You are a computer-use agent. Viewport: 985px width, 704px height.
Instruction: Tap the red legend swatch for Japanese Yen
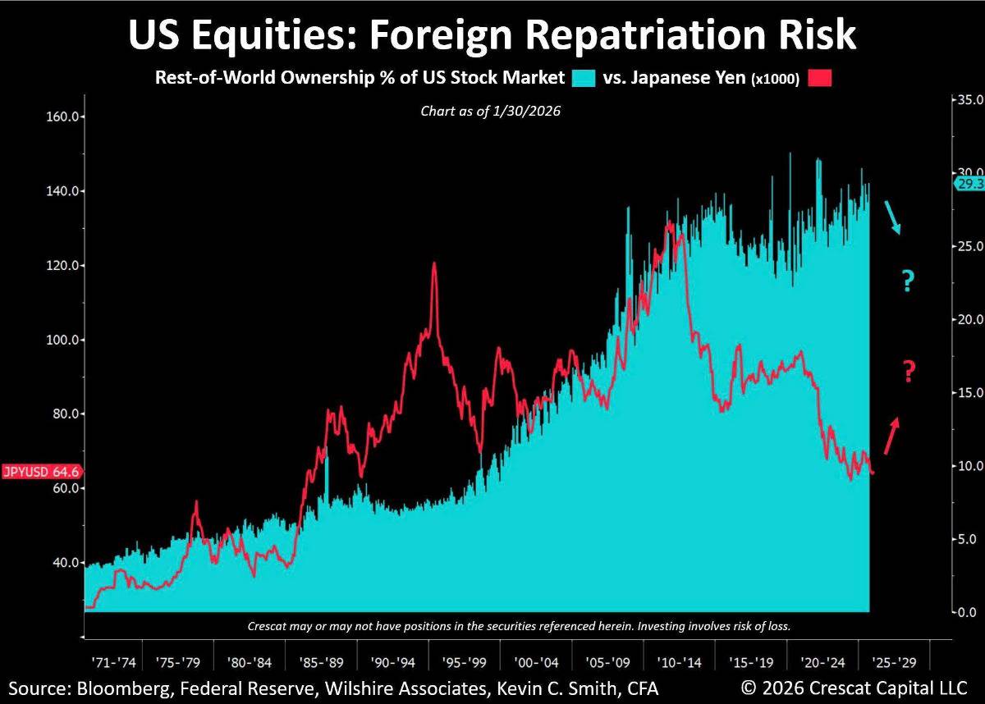[x=820, y=78]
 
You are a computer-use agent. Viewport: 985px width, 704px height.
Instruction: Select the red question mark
[x=909, y=372]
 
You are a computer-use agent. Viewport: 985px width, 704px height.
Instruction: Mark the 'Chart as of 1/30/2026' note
[x=491, y=111]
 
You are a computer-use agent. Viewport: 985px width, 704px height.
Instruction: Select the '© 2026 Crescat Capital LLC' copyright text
[x=854, y=687]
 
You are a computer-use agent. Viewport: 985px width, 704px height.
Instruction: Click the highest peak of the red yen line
[x=434, y=263]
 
